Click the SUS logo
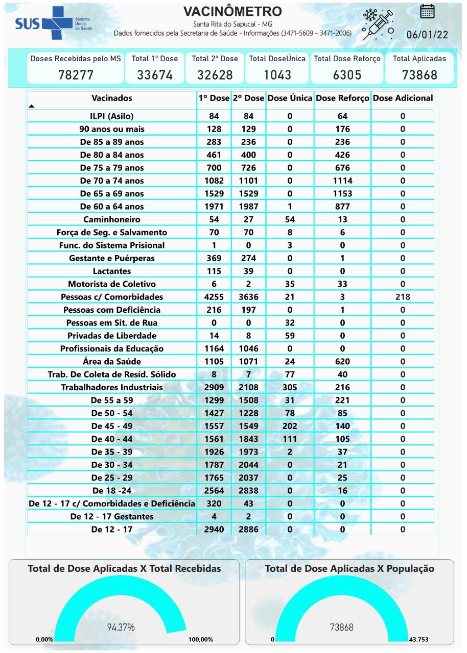(x=53, y=23)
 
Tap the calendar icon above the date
(x=427, y=11)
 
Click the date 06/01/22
(x=427, y=35)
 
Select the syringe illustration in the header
(x=378, y=24)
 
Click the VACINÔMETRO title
(x=232, y=12)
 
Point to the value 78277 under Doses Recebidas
(x=76, y=74)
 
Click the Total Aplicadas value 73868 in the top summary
(x=419, y=74)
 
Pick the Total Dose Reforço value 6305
(x=347, y=74)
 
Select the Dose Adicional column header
(x=403, y=98)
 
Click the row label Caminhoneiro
(x=112, y=219)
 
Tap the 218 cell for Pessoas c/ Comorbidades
(x=403, y=297)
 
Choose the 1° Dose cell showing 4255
(x=214, y=297)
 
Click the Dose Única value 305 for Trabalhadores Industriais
(x=290, y=387)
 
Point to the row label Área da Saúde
(x=112, y=361)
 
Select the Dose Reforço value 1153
(x=342, y=193)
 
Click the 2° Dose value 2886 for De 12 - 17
(x=248, y=529)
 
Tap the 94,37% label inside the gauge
(x=121, y=627)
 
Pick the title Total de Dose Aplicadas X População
(x=349, y=568)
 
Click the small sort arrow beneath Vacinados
(x=32, y=106)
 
